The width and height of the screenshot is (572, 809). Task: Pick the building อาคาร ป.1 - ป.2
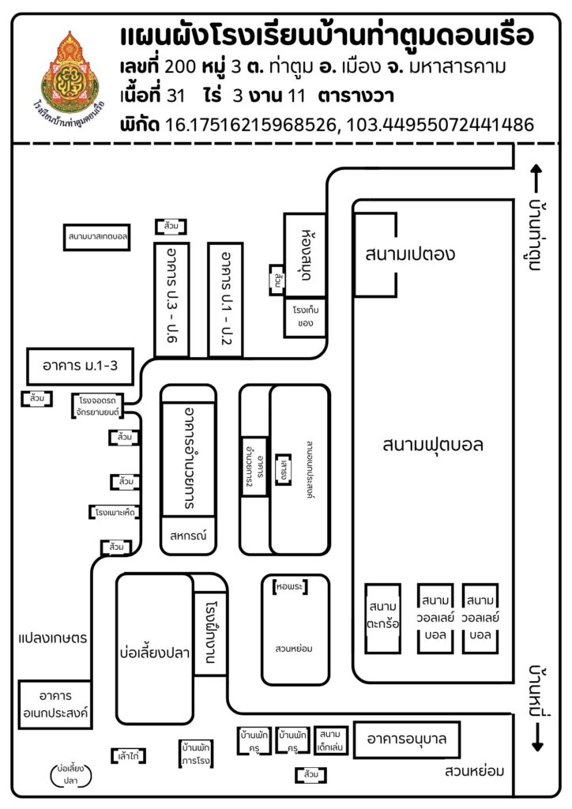[x=225, y=299]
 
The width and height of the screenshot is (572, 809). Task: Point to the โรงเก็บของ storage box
[x=305, y=317]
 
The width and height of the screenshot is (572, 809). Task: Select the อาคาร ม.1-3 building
[x=80, y=366]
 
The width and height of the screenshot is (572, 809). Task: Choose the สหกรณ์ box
[x=187, y=535]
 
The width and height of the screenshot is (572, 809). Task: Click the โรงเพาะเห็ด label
[x=115, y=513]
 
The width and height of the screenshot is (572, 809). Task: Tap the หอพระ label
[x=290, y=588]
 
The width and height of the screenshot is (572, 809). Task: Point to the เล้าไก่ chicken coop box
[x=127, y=756]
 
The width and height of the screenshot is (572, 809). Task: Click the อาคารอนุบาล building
[x=407, y=739]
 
